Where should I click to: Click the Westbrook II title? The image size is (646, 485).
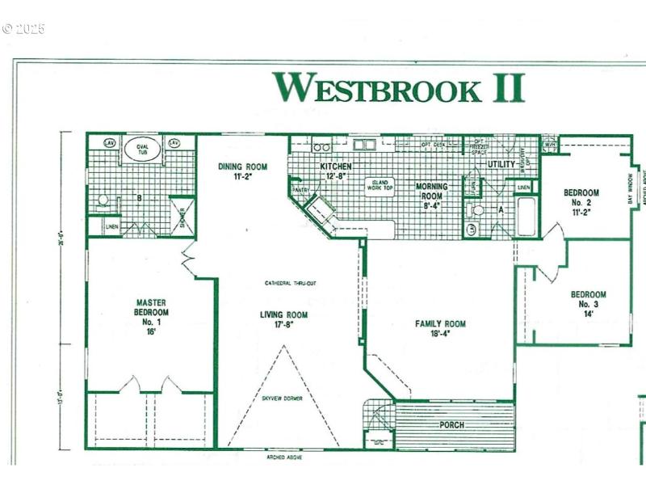pyautogui.click(x=398, y=87)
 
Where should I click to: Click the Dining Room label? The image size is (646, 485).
pyautogui.click(x=242, y=172)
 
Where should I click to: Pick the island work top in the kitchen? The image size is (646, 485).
pyautogui.click(x=380, y=185)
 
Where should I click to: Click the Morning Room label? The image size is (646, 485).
pyautogui.click(x=431, y=192)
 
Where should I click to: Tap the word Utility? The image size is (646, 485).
pyautogui.click(x=501, y=164)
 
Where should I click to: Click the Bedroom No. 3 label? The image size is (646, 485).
pyautogui.click(x=589, y=304)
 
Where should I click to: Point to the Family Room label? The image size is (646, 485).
pyautogui.click(x=440, y=329)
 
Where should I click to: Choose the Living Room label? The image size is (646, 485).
pyautogui.click(x=283, y=319)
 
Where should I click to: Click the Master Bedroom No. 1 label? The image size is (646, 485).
pyautogui.click(x=151, y=312)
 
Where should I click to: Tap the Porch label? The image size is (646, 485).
pyautogui.click(x=452, y=424)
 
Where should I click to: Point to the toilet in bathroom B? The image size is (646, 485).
pyautogui.click(x=103, y=200)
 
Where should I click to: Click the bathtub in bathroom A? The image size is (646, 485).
pyautogui.click(x=526, y=217)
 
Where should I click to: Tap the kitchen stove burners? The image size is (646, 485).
pyautogui.click(x=321, y=147)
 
